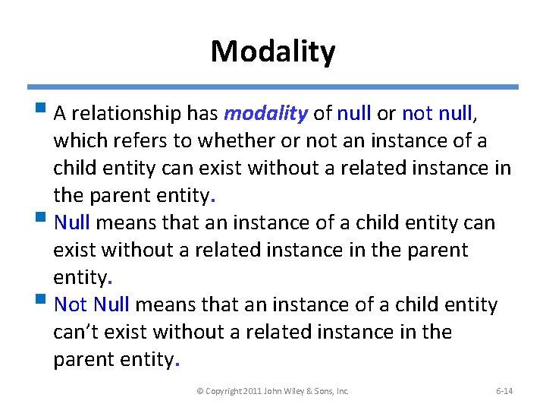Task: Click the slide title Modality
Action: coord(272,52)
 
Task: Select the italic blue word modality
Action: coord(265,114)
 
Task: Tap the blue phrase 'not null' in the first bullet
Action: coord(438,114)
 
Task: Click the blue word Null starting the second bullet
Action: coord(72,223)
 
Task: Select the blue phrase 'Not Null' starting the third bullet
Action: coord(92,305)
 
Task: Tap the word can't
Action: coord(77,333)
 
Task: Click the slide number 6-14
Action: coord(504,391)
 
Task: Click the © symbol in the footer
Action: coord(200,391)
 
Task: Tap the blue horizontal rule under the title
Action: coord(272,87)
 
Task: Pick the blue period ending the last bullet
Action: coord(177,362)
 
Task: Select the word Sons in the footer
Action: coord(325,391)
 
